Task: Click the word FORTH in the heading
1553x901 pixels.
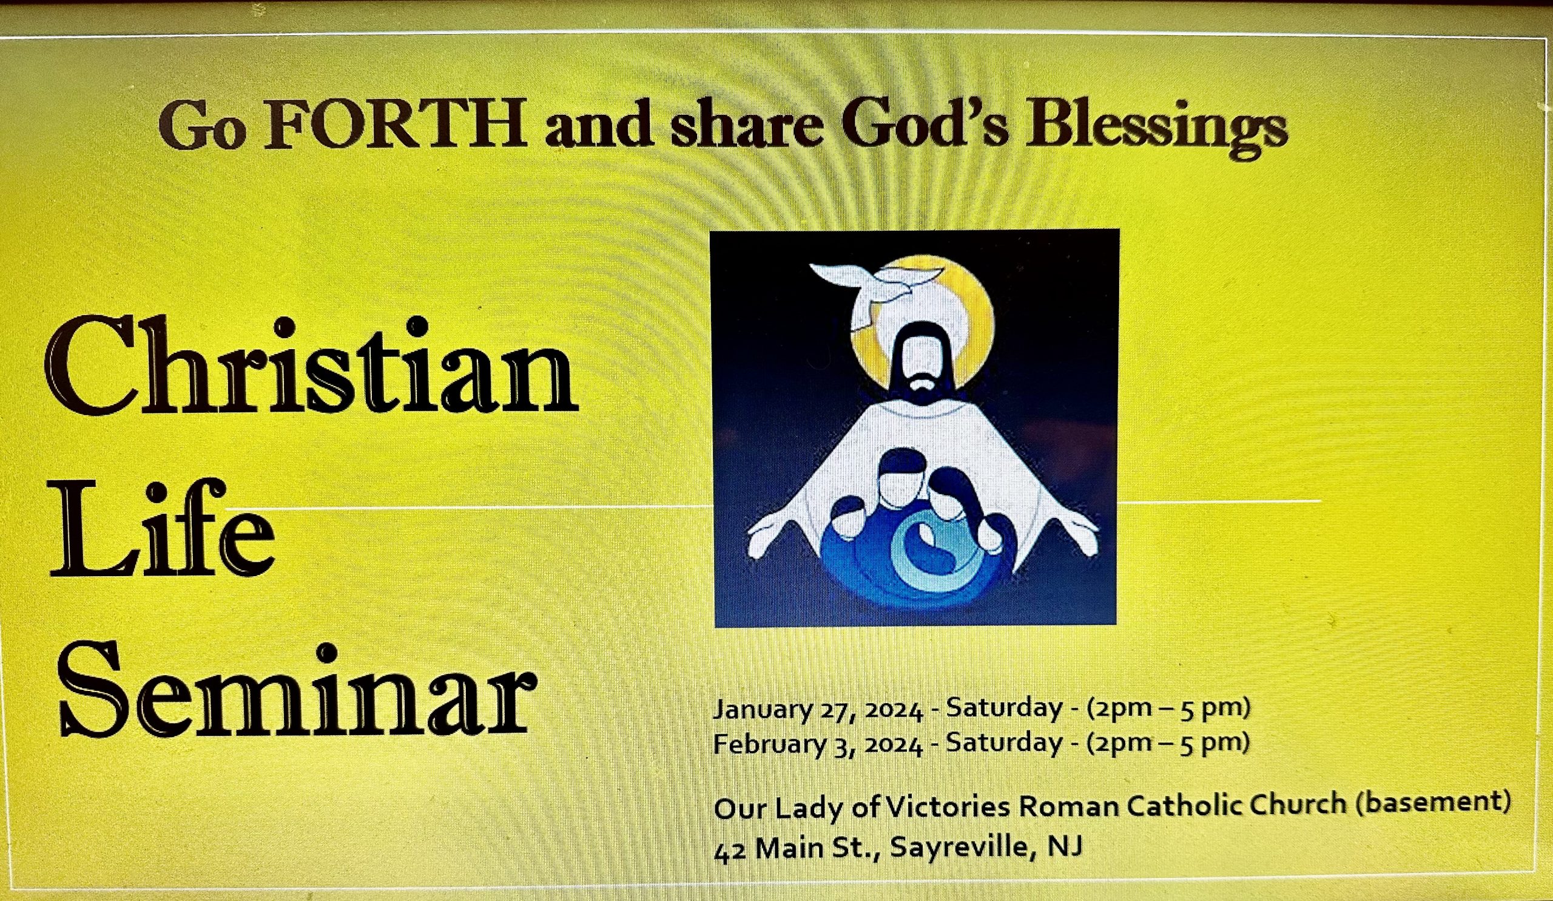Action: coord(394,125)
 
